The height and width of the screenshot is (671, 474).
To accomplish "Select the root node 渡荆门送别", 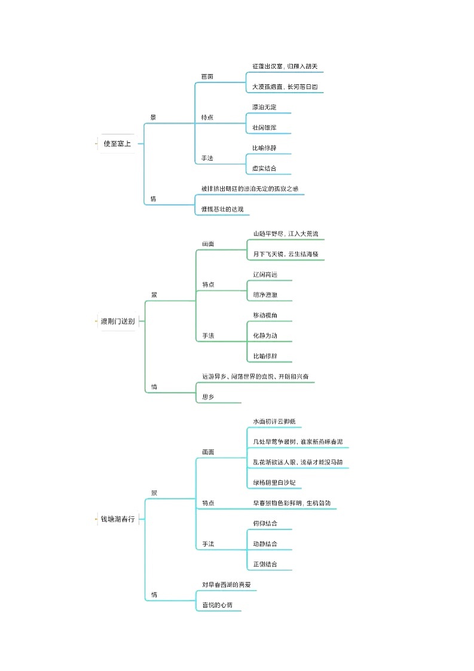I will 117,321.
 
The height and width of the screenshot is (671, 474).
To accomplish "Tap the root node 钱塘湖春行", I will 117,519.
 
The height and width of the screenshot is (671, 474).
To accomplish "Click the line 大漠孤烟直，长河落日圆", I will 285,87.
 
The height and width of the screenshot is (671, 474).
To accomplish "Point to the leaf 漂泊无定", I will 264,108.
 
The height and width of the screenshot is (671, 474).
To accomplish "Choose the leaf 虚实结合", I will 264,168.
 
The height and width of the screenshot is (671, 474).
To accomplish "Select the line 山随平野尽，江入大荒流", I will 285,234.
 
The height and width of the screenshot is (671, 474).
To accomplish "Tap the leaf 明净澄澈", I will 265,295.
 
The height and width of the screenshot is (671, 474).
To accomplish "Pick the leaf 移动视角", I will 265,315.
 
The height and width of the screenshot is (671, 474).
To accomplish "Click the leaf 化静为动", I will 265,336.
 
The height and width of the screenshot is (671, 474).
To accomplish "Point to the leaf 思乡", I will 209,397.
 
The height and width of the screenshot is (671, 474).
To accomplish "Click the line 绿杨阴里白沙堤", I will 274,483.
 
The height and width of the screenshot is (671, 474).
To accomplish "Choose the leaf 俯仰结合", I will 265,523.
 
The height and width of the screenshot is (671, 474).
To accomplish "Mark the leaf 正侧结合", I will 265,564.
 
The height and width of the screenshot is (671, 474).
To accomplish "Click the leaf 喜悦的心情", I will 217,605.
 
